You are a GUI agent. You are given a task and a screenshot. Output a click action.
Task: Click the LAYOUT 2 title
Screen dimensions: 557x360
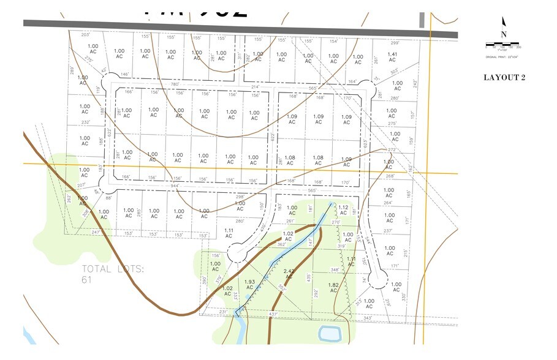[504, 77]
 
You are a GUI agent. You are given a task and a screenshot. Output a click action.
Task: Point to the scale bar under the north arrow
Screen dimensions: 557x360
[502, 43]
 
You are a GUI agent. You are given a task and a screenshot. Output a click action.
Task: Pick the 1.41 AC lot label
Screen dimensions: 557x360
[392, 58]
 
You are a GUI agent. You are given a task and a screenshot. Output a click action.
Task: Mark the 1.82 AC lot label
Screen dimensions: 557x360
[333, 288]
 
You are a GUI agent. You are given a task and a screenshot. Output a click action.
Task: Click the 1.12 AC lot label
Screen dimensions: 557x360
[343, 210]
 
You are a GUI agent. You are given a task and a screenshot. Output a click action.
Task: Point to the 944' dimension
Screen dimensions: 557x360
[175, 185]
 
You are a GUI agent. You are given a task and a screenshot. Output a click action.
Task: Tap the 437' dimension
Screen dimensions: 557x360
[273, 314]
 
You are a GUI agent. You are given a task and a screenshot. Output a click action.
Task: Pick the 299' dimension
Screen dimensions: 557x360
[395, 42]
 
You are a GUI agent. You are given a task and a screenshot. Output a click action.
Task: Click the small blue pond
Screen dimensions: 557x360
[329, 334]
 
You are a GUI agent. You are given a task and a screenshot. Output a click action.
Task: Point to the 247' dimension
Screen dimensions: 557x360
[96, 232]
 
